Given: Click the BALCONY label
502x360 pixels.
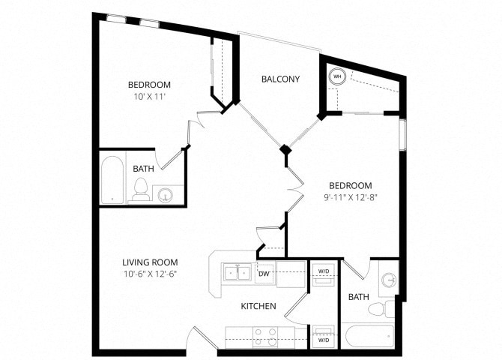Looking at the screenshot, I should click(280, 79).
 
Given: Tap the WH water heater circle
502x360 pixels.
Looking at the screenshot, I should click(337, 76).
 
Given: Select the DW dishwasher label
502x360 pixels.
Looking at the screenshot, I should click(264, 274).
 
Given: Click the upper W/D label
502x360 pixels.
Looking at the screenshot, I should click(324, 271).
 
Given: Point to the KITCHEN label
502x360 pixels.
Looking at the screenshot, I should click(258, 307).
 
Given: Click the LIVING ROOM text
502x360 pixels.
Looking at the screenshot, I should click(150, 262).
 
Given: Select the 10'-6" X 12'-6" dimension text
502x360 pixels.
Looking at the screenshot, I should click(150, 273).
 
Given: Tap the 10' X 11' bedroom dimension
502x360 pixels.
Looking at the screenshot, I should click(149, 96).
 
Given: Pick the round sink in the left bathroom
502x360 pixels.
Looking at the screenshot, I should click(166, 196).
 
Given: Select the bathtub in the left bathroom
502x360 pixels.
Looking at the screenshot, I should click(112, 179).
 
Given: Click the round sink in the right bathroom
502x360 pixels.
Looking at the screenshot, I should click(388, 280).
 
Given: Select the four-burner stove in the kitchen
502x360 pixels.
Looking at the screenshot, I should click(264, 337).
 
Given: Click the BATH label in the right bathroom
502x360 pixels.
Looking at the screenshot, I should click(358, 298).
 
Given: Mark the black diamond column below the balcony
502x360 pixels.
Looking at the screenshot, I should click(285, 150).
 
